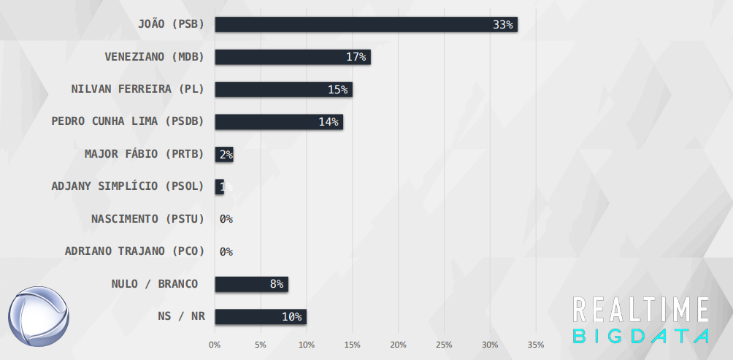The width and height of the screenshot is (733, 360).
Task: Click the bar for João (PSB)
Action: (x=365, y=24)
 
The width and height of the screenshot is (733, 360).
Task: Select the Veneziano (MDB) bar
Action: (x=292, y=57)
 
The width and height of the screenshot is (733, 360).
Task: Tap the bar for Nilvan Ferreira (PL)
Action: (x=283, y=89)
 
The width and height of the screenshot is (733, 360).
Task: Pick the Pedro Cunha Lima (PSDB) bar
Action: (x=278, y=121)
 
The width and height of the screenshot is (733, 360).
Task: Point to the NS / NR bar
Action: (x=260, y=316)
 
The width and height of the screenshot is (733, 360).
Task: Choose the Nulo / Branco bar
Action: (x=251, y=284)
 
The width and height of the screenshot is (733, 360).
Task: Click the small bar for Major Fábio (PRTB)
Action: (x=223, y=154)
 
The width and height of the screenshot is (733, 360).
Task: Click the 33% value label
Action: (x=503, y=25)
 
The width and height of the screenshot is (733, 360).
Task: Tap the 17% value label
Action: (x=357, y=57)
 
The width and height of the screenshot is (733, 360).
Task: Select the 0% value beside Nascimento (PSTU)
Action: (x=226, y=219)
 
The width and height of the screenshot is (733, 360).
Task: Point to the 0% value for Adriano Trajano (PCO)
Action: (x=226, y=252)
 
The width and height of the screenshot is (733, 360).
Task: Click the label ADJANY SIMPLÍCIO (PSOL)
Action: (x=128, y=186)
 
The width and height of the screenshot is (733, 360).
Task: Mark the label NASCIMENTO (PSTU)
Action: (x=147, y=218)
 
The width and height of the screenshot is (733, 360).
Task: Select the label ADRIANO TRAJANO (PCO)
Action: (x=134, y=251)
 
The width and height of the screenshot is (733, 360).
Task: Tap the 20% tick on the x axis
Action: (x=398, y=344)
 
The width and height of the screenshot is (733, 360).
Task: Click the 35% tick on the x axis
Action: (x=536, y=344)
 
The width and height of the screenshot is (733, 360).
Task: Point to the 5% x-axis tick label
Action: (x=261, y=344)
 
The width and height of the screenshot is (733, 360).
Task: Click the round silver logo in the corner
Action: (x=39, y=316)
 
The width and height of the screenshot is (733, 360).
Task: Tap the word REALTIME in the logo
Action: (x=641, y=310)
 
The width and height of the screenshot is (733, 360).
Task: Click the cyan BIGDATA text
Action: (x=641, y=337)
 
